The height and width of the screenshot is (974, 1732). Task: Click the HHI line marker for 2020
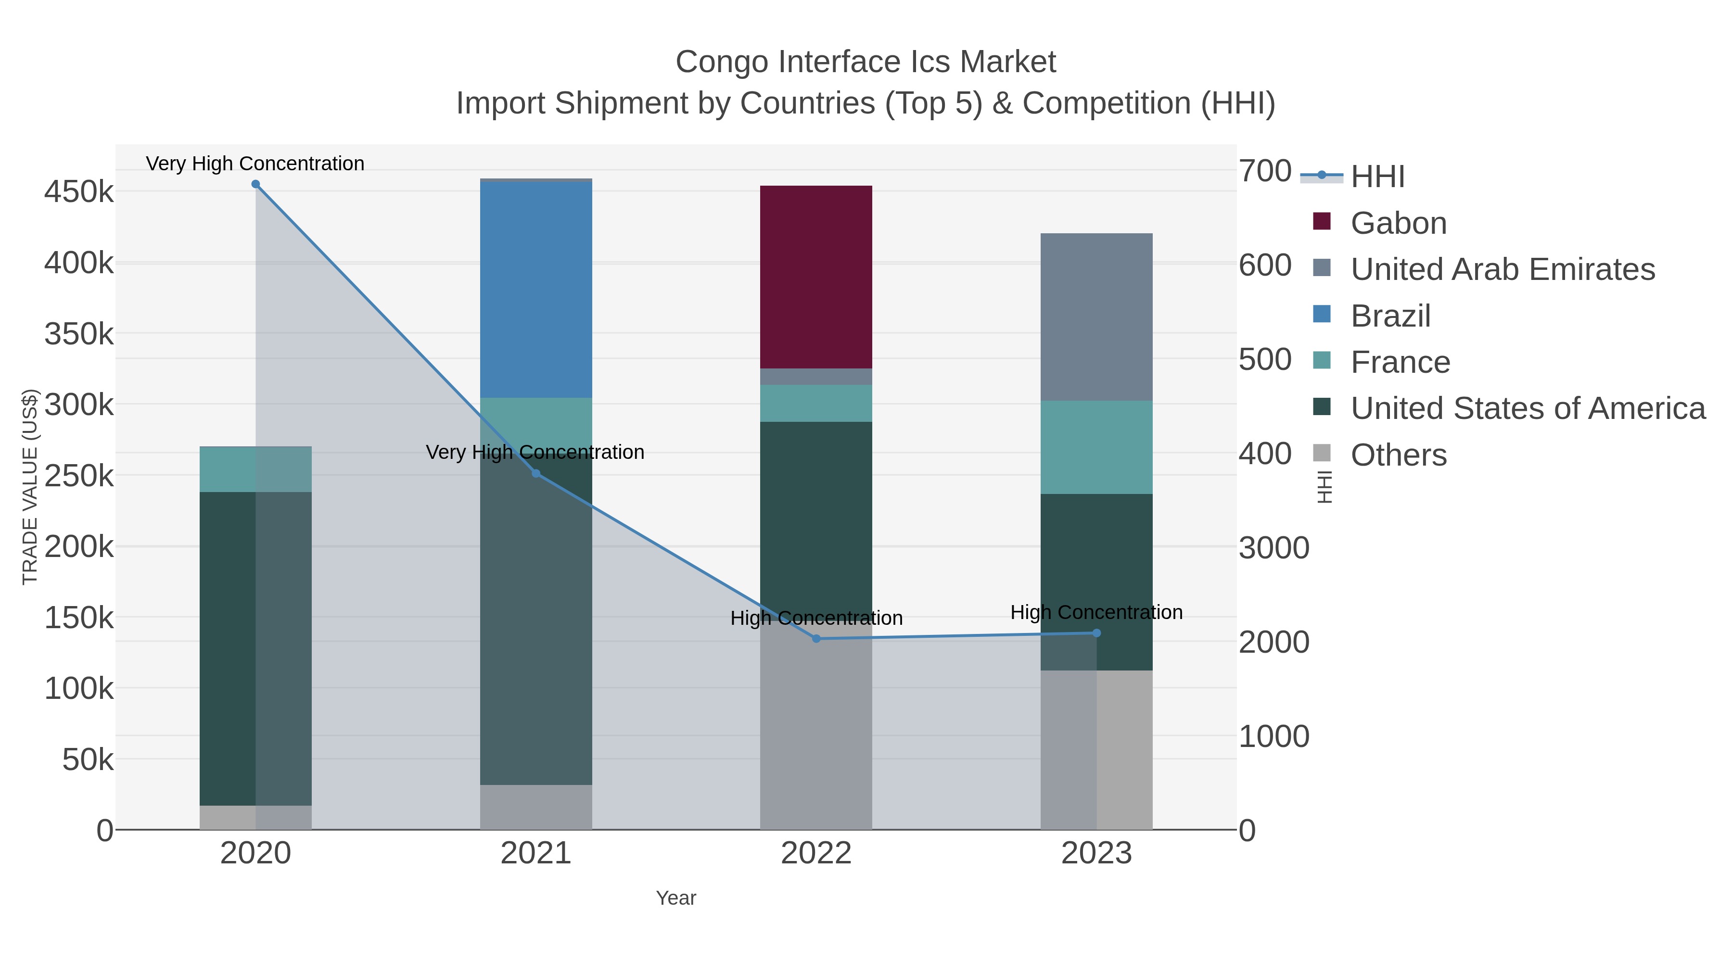coord(255,184)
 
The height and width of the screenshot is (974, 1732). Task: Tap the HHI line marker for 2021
coord(536,473)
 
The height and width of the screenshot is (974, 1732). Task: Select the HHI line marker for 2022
coord(816,639)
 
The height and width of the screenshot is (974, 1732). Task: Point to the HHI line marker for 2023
coord(1096,633)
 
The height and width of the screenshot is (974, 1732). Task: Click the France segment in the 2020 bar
coord(255,469)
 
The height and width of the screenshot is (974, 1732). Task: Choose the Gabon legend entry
coord(1399,223)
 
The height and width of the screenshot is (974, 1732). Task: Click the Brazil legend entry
coord(1390,316)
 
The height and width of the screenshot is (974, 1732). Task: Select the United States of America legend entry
coord(1528,409)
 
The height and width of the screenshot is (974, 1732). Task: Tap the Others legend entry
coord(1399,455)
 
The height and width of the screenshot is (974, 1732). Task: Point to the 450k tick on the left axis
coord(79,192)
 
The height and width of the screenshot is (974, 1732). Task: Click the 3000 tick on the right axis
coord(1274,548)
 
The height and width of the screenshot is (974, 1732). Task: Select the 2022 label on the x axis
coord(816,854)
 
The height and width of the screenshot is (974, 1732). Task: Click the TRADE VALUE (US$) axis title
coord(30,487)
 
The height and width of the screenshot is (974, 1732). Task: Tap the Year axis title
coord(676,898)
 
